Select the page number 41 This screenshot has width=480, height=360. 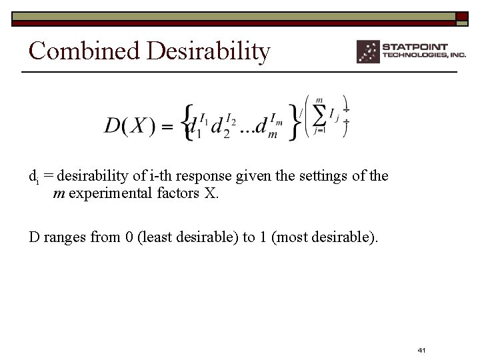[421, 350]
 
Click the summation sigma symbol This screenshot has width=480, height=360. [321, 115]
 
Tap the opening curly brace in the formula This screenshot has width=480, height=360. [189, 121]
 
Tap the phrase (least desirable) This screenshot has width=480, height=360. [188, 237]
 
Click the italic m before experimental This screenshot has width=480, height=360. [59, 194]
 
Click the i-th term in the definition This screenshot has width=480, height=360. [162, 176]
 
